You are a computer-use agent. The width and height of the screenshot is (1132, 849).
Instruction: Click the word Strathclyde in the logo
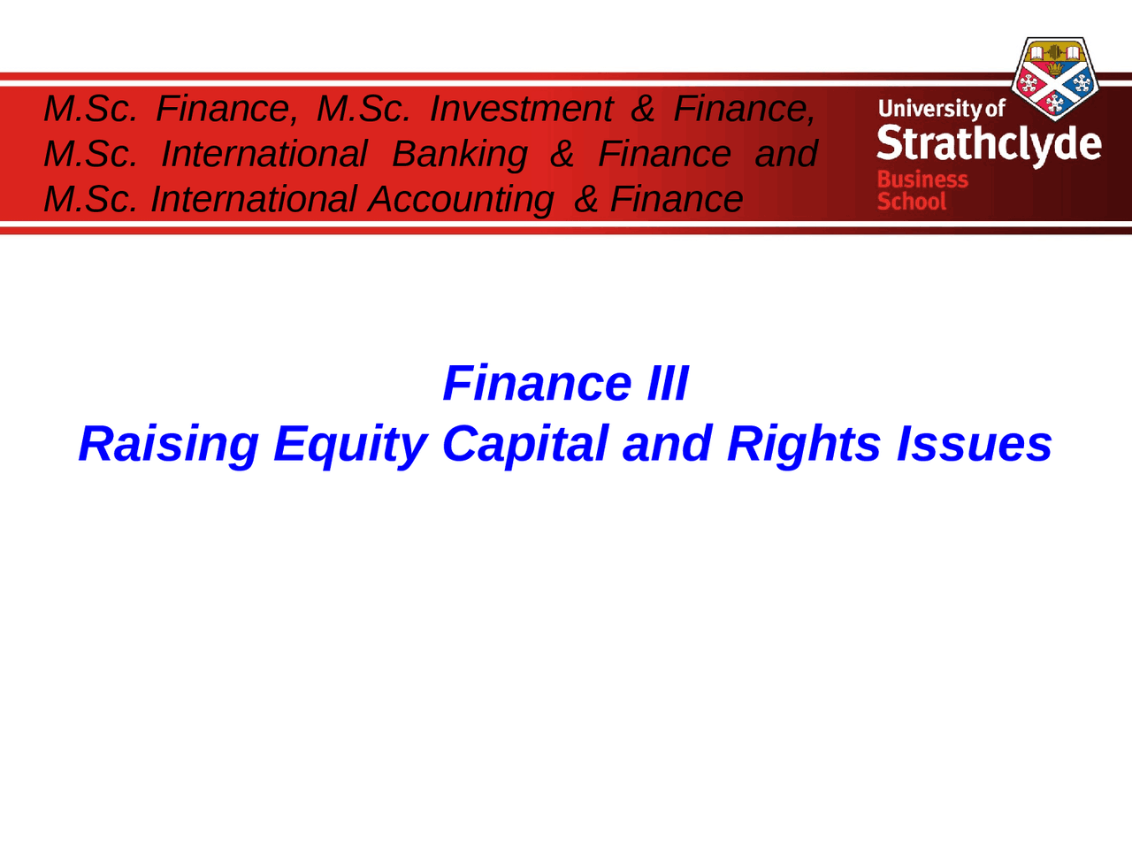click(989, 144)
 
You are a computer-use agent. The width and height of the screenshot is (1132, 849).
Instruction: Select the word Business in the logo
click(922, 180)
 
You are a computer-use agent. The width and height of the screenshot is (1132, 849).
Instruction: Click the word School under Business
click(911, 202)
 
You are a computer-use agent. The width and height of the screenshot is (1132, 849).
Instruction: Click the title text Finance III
click(565, 383)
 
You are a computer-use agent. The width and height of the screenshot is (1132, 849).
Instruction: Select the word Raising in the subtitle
click(168, 443)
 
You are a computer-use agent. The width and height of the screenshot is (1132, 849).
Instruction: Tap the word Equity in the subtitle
click(350, 443)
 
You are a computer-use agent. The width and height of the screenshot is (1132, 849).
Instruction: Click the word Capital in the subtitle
click(524, 443)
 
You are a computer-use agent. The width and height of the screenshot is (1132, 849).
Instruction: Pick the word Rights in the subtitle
click(803, 443)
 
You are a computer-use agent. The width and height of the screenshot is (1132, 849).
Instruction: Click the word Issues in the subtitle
click(974, 443)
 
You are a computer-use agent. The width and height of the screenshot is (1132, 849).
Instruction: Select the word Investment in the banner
click(520, 109)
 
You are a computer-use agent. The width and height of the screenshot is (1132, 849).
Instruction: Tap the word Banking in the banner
click(459, 154)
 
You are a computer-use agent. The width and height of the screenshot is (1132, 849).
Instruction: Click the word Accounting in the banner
click(461, 199)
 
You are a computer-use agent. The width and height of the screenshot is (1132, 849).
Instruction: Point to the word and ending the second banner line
click(785, 154)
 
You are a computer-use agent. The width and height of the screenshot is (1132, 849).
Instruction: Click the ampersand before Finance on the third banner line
click(585, 199)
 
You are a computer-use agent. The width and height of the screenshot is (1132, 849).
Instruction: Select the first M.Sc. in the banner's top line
click(90, 109)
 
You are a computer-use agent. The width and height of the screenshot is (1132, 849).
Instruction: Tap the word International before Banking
click(264, 154)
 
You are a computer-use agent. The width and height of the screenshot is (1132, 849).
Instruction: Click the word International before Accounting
click(253, 199)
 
